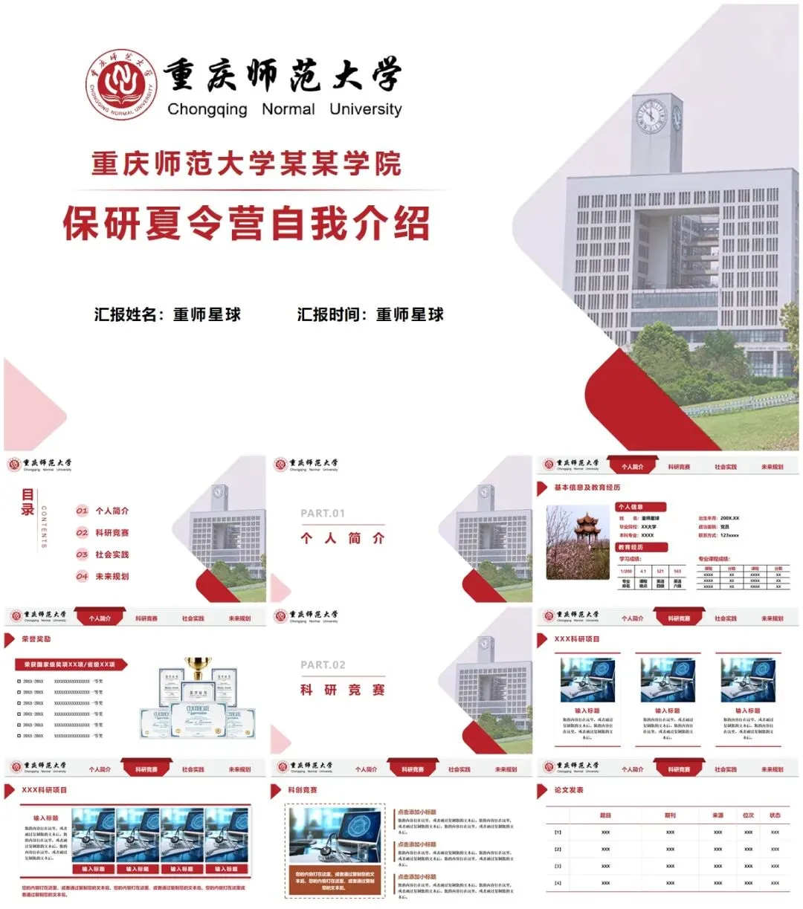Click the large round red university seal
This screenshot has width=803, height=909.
click(121, 84)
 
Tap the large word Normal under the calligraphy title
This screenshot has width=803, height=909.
click(288, 109)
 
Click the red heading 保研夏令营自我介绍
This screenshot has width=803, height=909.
click(246, 222)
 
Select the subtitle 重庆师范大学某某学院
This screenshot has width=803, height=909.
click(246, 164)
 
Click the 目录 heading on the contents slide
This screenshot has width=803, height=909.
click(28, 502)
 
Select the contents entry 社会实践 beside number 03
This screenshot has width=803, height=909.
click(112, 554)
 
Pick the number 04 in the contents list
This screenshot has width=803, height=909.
click(82, 576)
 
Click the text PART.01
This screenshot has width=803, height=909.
click(323, 513)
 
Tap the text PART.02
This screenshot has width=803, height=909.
click(323, 664)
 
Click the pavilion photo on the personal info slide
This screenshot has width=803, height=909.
click(578, 542)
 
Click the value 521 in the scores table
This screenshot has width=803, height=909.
click(660, 572)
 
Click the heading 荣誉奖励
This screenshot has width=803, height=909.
click(36, 639)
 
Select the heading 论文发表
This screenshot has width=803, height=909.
click(569, 790)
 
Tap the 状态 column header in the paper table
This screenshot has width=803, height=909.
click(775, 815)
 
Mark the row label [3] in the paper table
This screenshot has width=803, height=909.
click(558, 866)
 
